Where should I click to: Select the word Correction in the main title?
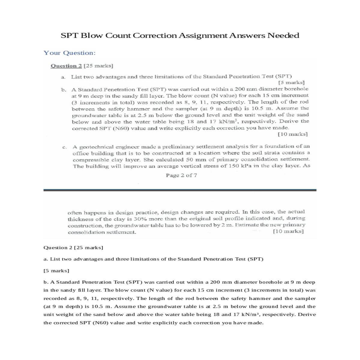(x=155, y=35)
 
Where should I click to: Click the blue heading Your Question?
(x=70, y=53)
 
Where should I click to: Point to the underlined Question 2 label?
(x=66, y=66)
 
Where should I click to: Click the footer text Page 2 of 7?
(x=181, y=175)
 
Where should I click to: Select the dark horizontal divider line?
(x=180, y=190)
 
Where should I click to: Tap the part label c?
(x=64, y=147)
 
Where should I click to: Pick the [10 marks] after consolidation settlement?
(x=288, y=231)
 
